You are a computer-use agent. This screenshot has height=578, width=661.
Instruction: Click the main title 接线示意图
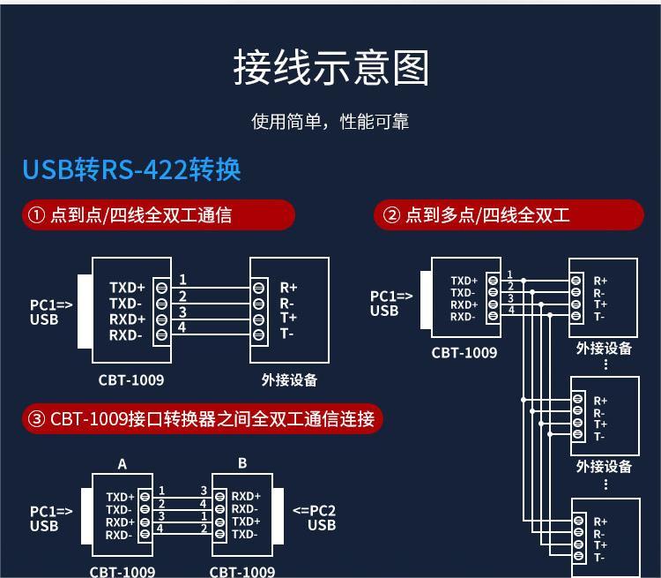tap(330, 68)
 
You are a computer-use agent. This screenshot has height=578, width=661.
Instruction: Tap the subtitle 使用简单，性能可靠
tap(330, 121)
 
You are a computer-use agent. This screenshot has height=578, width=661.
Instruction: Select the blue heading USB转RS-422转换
tap(131, 169)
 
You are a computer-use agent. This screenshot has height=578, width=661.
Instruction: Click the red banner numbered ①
tap(159, 215)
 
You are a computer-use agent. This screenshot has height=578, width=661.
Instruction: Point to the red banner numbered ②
tap(509, 215)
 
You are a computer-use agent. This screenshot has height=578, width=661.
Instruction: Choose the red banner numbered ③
tap(202, 418)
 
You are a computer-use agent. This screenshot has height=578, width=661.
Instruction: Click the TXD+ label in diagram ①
tap(127, 288)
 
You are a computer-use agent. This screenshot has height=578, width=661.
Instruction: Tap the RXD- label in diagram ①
tap(126, 335)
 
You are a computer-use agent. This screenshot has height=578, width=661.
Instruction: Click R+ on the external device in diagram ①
tap(288, 288)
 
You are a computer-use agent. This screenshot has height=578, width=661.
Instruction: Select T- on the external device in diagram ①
tap(287, 334)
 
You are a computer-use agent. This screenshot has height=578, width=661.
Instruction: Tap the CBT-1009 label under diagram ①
tap(131, 380)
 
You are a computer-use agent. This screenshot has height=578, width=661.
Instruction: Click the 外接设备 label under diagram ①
tap(289, 380)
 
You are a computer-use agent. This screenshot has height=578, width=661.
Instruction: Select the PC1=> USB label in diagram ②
tap(390, 304)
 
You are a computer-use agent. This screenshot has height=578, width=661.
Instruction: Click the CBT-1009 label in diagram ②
tap(464, 353)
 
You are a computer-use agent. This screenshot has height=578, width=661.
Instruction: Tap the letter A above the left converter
tap(123, 464)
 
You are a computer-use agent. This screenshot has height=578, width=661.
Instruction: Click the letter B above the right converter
tap(242, 463)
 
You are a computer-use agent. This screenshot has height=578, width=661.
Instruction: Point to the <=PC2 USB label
tap(315, 518)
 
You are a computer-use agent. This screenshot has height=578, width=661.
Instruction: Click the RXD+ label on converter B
tap(246, 497)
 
